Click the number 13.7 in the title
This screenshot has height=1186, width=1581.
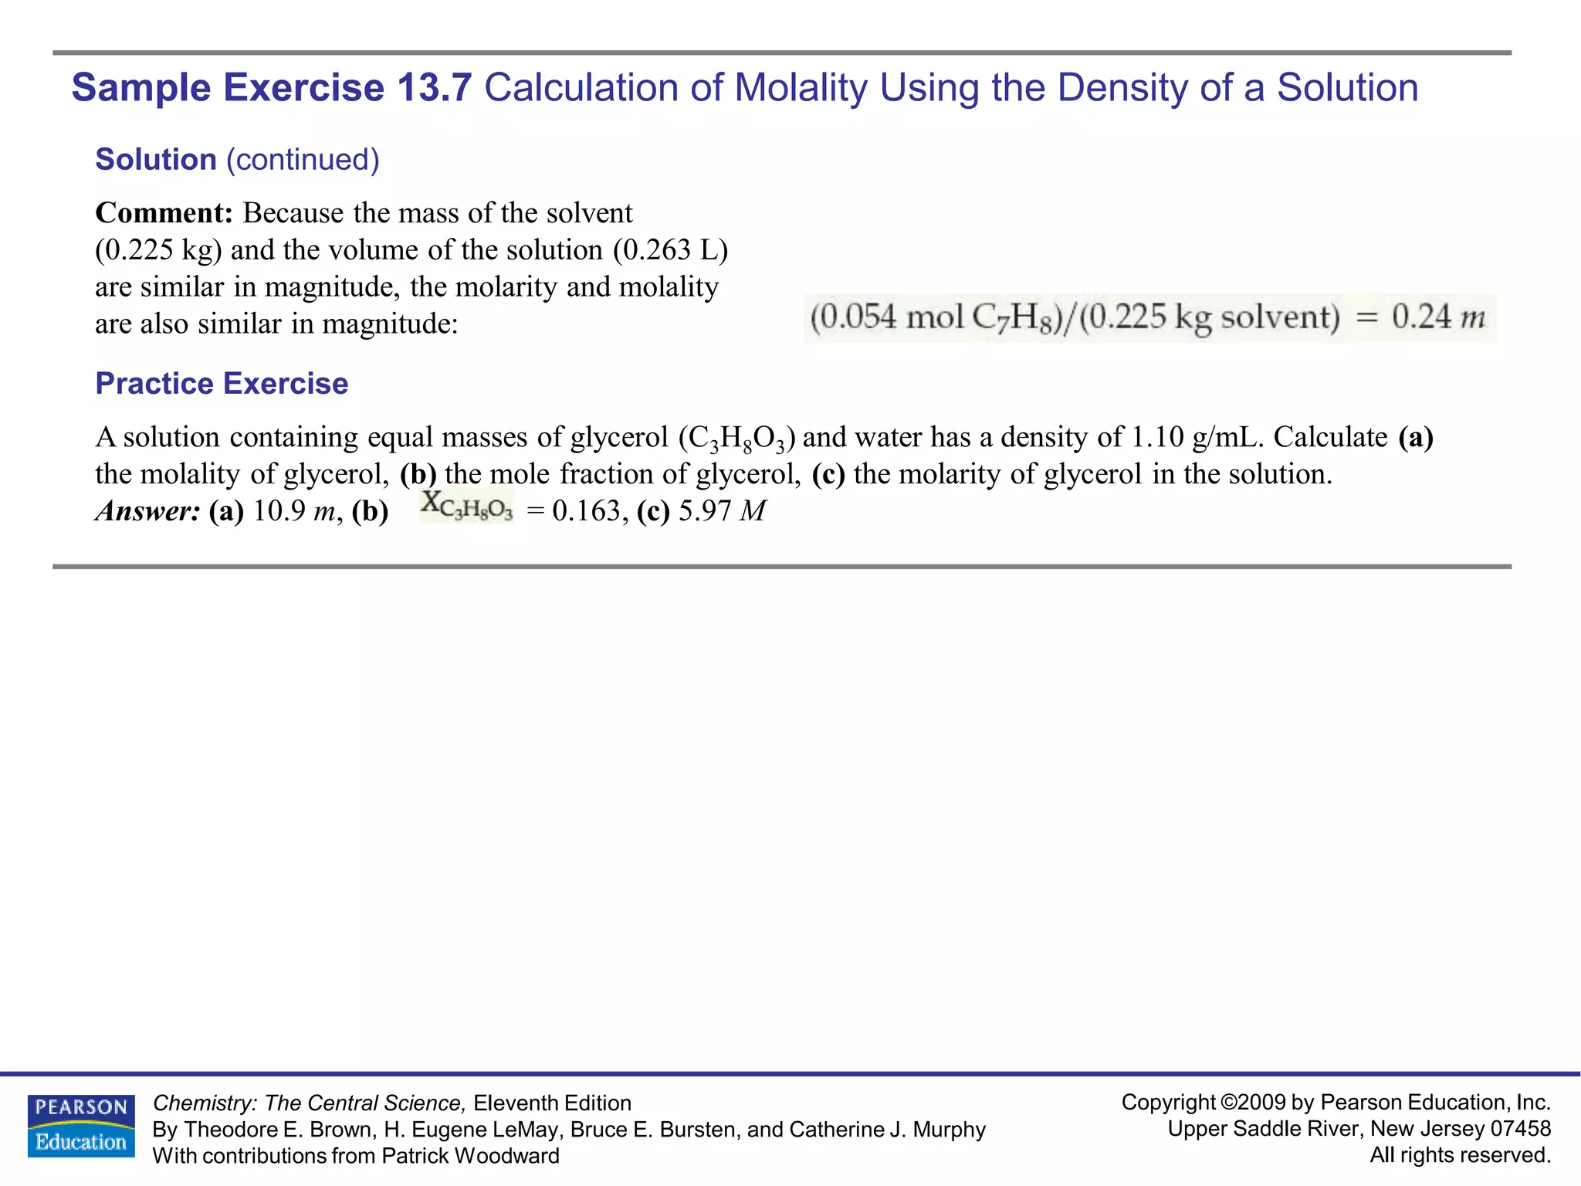(x=434, y=88)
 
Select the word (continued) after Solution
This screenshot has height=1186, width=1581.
(x=303, y=160)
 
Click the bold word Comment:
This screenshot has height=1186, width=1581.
(x=164, y=213)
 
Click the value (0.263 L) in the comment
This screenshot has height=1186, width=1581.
(x=670, y=250)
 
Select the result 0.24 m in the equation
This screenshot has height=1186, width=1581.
(x=1438, y=317)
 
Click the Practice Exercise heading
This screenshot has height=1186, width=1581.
(x=222, y=384)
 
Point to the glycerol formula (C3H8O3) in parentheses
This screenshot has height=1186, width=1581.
(x=736, y=439)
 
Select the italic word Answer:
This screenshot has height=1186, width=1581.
(x=148, y=511)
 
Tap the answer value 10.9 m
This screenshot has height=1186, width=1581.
(x=294, y=511)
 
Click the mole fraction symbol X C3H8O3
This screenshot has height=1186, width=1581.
(x=466, y=507)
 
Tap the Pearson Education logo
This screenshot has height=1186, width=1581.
(x=81, y=1126)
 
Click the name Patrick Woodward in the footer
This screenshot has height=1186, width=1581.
(x=470, y=1156)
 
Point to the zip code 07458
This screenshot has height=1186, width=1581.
(x=1520, y=1129)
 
